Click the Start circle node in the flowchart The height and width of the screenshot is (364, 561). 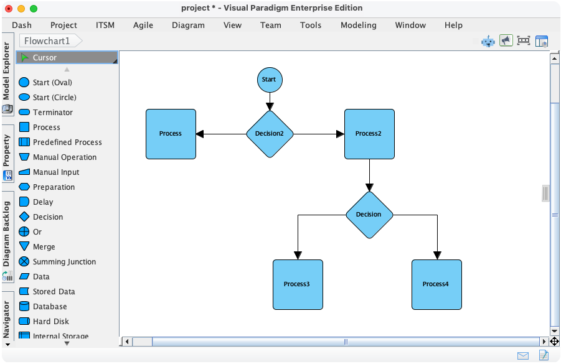(270, 80)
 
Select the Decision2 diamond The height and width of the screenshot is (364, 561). (270, 134)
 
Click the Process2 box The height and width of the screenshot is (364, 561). (369, 134)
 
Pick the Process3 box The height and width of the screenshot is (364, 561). (298, 284)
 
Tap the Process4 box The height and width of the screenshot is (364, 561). (436, 284)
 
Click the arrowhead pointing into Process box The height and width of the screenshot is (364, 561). (200, 134)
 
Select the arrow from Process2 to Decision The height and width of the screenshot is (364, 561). (370, 174)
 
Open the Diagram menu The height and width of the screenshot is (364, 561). (188, 25)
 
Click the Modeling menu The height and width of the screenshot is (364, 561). (358, 25)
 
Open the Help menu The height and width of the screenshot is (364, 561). (453, 25)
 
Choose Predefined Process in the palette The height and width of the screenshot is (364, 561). (67, 142)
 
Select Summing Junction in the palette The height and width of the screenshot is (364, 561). (64, 262)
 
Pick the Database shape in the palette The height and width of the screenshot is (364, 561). (50, 307)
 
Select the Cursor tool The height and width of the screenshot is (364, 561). (45, 58)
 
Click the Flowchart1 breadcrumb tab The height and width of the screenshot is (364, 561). (47, 41)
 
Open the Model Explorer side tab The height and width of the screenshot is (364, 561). (7, 72)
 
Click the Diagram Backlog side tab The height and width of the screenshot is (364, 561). (7, 233)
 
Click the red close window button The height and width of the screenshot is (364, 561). (9, 9)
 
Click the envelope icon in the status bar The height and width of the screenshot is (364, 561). (523, 355)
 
